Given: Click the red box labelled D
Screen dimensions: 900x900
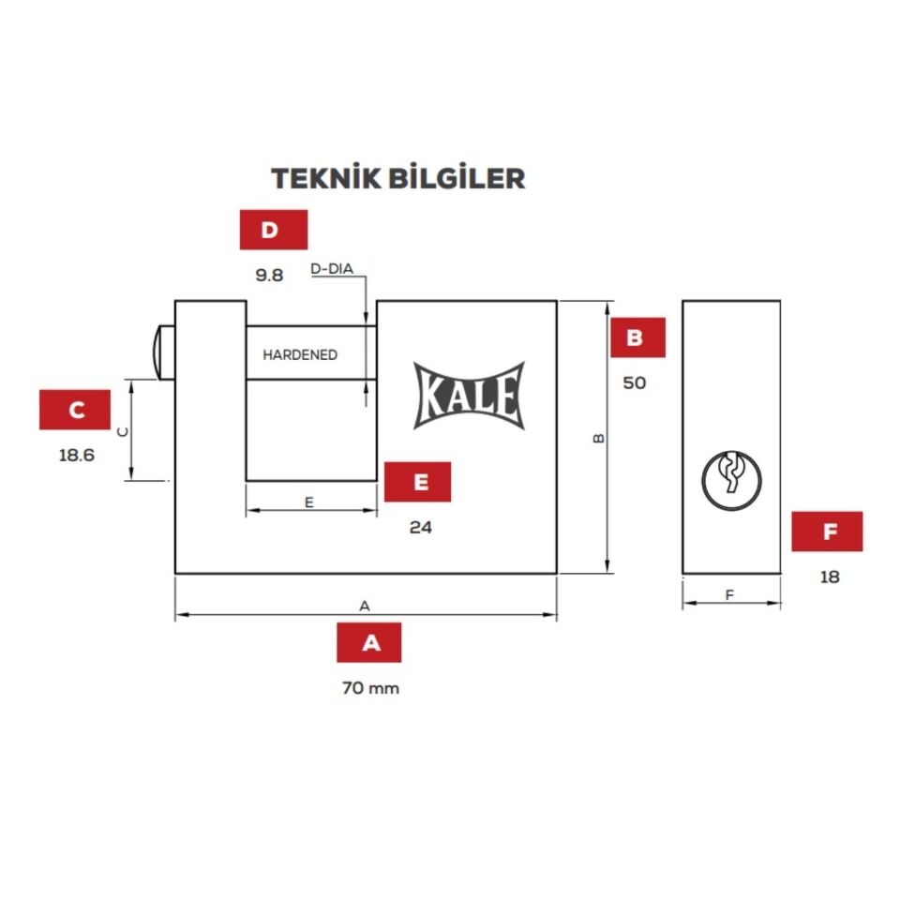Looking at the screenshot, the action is point(273,230).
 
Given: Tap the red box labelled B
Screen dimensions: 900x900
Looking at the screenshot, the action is point(637,337).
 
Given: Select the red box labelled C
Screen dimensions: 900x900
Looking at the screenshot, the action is point(75,410).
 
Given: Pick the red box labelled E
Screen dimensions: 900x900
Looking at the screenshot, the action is point(417,482).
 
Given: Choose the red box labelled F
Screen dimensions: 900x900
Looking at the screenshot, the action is point(827,532).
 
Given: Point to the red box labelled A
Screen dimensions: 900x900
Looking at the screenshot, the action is point(369,642).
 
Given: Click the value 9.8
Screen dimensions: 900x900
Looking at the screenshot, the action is point(269,276).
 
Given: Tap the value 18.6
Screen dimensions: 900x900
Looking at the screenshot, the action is point(76,456).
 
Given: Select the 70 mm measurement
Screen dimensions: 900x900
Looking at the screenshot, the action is point(370,687).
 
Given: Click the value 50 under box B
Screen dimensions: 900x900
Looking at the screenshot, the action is point(635,382).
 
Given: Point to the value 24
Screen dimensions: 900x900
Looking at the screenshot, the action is point(421,528).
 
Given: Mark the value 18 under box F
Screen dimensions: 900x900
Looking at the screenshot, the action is point(830,577).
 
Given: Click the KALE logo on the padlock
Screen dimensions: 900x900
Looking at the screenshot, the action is point(469,396).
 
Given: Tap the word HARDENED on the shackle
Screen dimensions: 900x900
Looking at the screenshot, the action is point(300,354).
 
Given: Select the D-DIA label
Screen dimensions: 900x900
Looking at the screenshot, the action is point(332,269).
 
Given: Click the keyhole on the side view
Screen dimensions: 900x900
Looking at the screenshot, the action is point(731,481).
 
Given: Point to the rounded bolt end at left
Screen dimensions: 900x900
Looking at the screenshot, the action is point(163,353).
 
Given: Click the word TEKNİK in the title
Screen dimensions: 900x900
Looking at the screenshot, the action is point(326,178).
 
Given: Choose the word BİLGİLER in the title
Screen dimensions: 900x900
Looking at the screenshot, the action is point(457,178).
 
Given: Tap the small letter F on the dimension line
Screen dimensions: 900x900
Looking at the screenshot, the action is point(729,594).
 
